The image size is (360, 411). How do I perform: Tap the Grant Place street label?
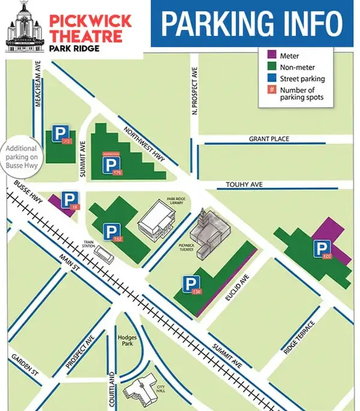(x=269, y=139)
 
